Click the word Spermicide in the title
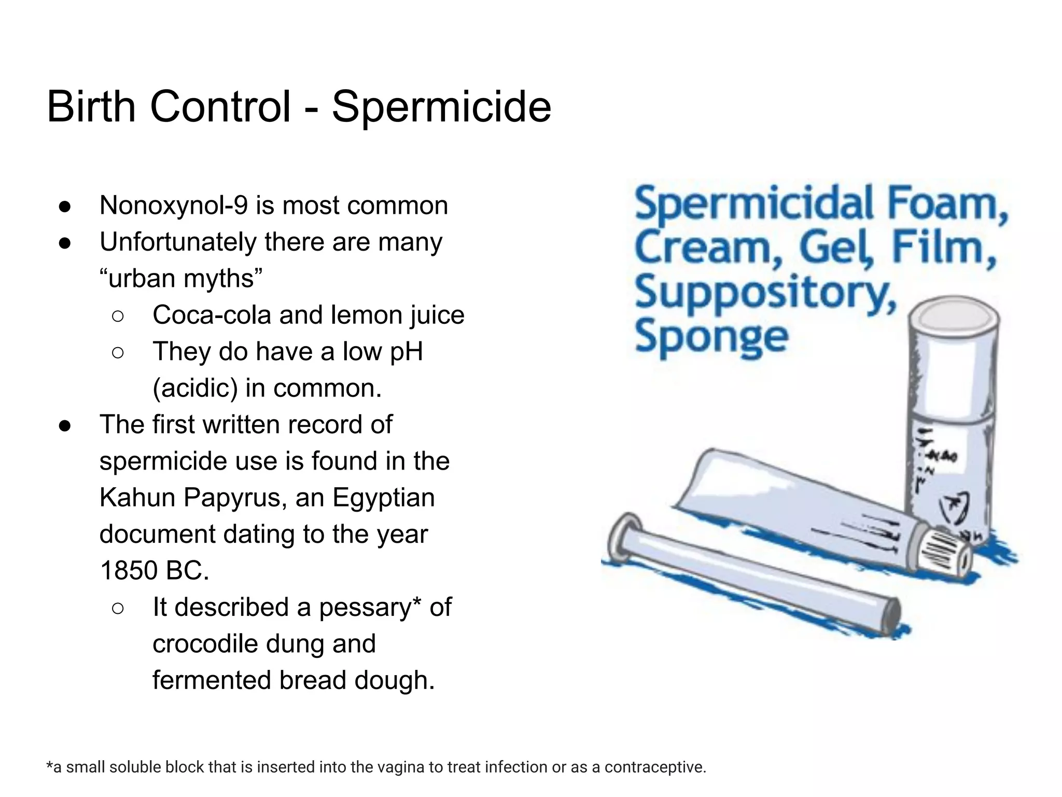[x=441, y=107]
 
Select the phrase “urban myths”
[x=181, y=279]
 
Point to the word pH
[x=406, y=352]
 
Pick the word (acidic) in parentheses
[x=195, y=388]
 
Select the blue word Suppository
[x=765, y=293]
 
